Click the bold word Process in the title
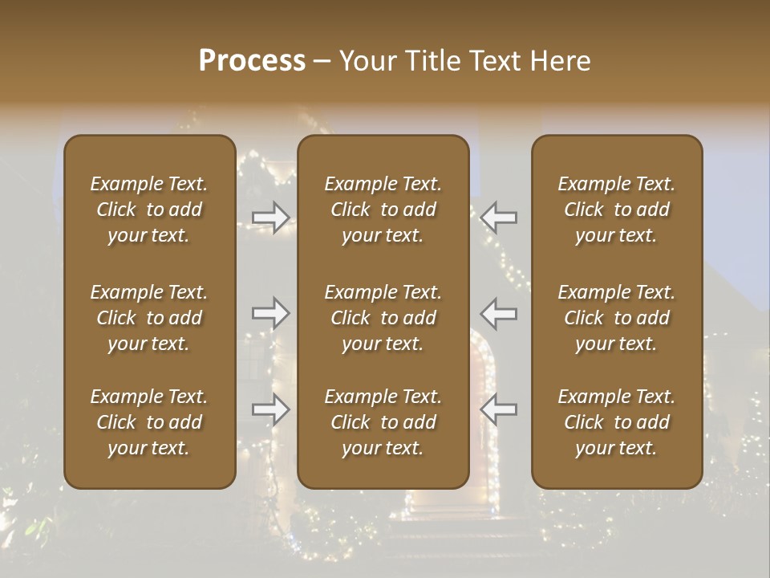(252, 61)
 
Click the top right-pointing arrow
(270, 217)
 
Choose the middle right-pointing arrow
(270, 313)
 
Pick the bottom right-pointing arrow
(270, 409)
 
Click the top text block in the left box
(149, 210)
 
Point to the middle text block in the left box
(149, 318)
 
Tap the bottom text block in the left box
(149, 422)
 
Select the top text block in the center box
(383, 210)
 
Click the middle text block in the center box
(383, 318)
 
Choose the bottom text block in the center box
(383, 422)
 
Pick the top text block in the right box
(617, 210)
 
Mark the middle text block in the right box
(617, 318)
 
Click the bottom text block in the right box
(617, 422)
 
